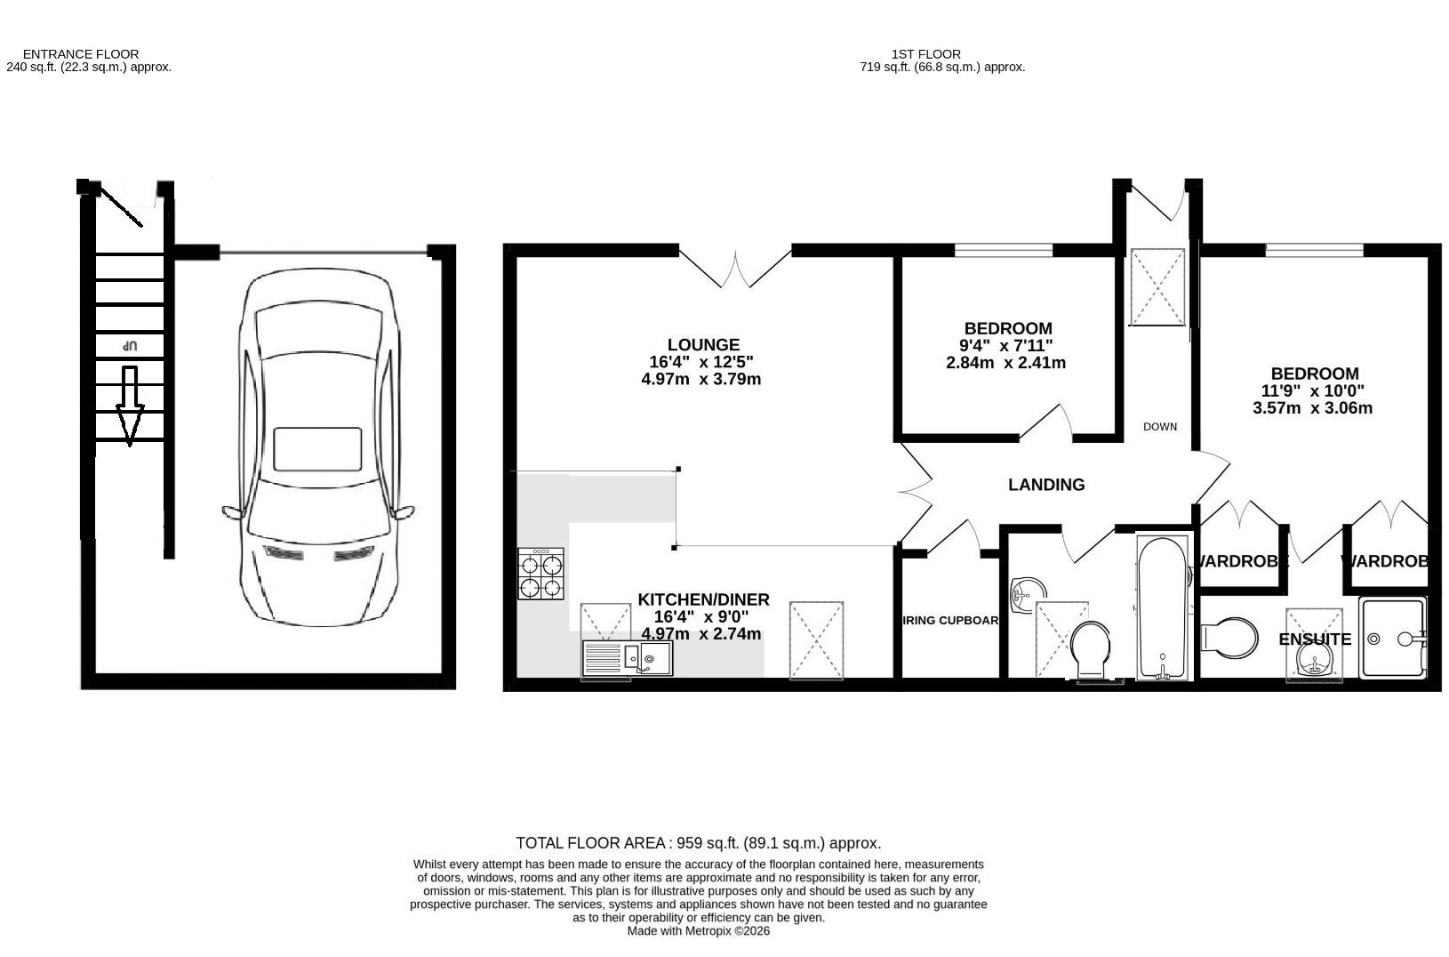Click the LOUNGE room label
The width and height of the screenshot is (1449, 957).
point(703,345)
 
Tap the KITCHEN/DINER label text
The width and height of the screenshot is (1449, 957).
point(703,600)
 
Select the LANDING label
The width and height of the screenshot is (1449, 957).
point(1046,485)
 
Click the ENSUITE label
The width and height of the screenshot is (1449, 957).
point(1315,639)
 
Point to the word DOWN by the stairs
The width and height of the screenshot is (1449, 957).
point(1160,427)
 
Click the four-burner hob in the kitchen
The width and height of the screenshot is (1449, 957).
point(541,574)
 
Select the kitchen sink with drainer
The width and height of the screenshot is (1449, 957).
point(628,659)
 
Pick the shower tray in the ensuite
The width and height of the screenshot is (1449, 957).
point(1392,638)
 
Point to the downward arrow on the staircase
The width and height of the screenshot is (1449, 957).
point(130,406)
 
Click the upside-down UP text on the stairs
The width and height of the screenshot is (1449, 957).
point(130,345)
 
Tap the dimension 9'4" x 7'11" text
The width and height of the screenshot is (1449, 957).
point(1008,346)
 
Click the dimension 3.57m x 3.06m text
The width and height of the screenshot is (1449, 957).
point(1313,408)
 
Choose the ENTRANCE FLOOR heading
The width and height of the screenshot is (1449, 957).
point(81,54)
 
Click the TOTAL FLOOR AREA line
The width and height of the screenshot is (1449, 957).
point(699,843)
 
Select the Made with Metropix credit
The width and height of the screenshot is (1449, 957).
point(699,931)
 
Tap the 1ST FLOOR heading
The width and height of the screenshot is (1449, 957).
point(926,54)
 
